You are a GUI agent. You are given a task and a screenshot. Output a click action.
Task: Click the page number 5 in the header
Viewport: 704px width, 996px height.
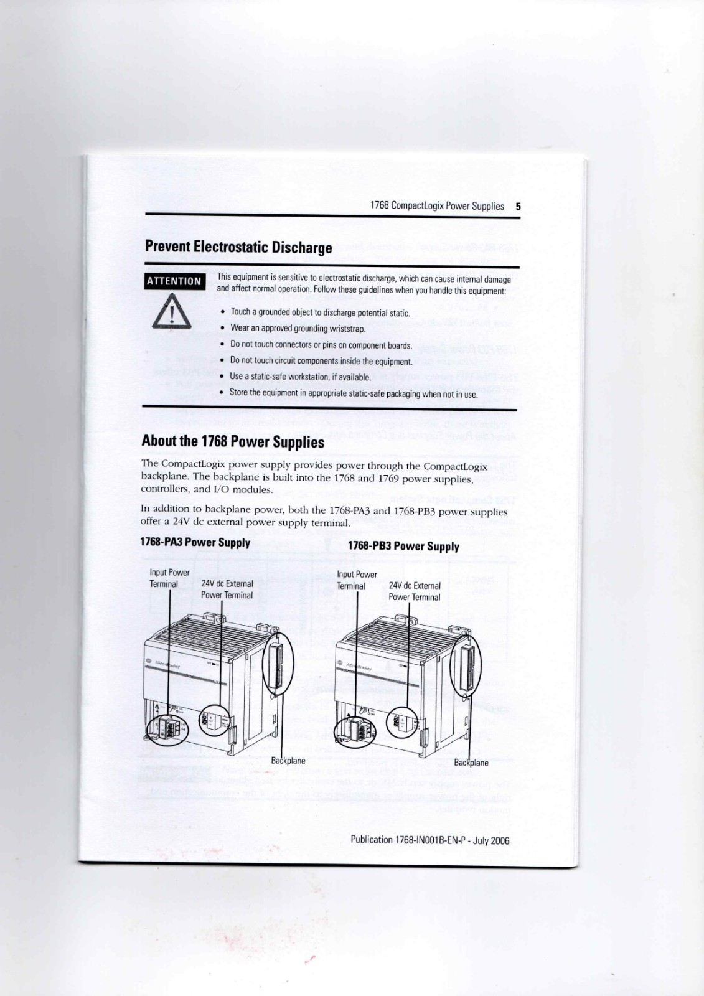tap(518, 206)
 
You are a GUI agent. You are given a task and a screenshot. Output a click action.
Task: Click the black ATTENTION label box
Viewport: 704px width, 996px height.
tap(174, 281)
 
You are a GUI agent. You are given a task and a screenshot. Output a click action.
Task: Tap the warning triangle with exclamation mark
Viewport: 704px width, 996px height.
tap(172, 313)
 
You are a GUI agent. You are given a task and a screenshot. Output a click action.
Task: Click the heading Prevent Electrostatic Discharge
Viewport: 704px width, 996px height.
tap(238, 247)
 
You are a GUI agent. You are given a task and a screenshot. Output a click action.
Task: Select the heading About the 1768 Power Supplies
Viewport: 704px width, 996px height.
tap(233, 441)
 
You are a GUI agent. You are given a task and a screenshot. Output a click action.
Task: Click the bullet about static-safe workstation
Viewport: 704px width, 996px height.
tap(300, 377)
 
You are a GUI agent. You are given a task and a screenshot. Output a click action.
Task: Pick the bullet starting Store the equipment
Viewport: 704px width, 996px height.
tap(353, 393)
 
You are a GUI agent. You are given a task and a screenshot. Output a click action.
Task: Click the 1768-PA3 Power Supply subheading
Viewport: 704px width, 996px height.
tap(195, 542)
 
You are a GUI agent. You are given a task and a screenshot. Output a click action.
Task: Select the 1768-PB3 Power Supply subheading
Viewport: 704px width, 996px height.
tap(403, 547)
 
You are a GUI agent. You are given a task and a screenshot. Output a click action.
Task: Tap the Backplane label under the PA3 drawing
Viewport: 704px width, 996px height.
tap(288, 760)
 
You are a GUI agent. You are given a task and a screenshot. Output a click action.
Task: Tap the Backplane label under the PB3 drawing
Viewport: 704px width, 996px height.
tap(471, 763)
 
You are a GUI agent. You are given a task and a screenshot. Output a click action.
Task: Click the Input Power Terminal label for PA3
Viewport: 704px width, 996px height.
tap(169, 578)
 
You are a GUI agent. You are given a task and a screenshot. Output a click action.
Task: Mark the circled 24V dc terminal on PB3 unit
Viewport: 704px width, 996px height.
tap(401, 723)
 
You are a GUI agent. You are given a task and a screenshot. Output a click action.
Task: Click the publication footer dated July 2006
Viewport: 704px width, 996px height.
tap(429, 840)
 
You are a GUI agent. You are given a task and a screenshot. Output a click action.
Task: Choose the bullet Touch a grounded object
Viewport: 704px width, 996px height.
tap(320, 312)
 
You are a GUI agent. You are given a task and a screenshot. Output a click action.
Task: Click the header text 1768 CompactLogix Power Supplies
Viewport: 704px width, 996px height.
tap(437, 206)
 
